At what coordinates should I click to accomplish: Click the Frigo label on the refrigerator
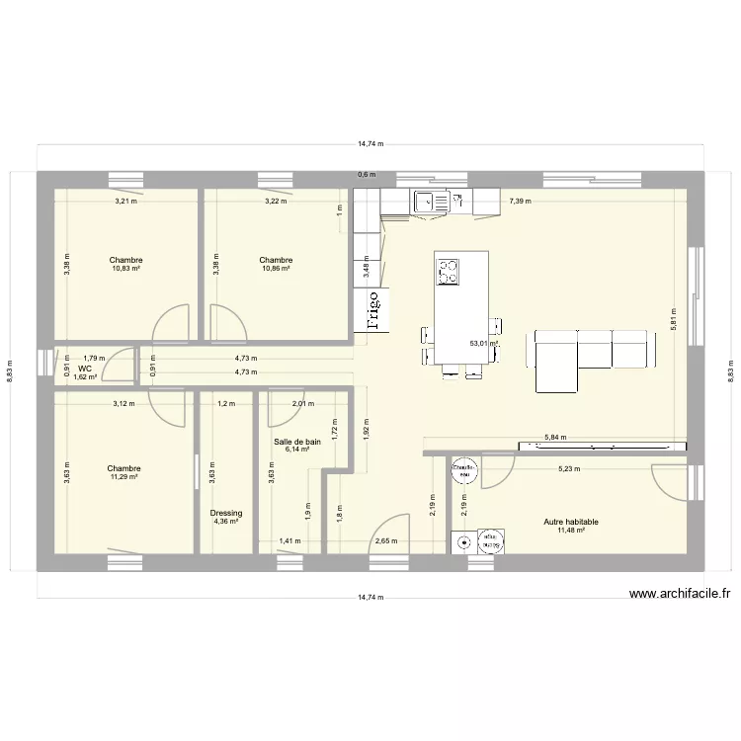pos(373,308)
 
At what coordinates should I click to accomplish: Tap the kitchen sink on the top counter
pos(429,201)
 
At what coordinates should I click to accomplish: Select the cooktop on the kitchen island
pos(449,270)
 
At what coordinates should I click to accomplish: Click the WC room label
pos(85,368)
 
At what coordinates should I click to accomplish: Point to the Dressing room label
pos(226,513)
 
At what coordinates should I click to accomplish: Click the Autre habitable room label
pos(571,522)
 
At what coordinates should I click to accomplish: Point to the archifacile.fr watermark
pos(680,594)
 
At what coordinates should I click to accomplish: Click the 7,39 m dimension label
pos(520,201)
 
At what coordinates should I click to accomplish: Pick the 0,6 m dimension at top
pos(366,175)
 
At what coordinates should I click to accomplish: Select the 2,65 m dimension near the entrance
pos(386,541)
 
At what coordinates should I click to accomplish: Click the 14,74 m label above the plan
pos(370,143)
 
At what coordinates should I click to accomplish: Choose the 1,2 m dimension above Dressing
pos(226,403)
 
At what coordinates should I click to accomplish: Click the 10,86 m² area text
pos(276,269)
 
